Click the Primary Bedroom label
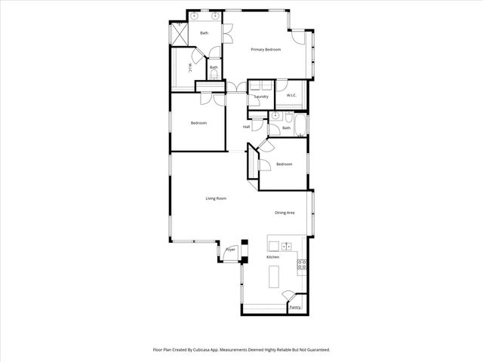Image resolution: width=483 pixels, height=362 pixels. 266,50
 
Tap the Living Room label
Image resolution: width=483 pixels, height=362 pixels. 216,198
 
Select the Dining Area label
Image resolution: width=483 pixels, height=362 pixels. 285,213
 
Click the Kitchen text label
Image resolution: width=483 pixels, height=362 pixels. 272,257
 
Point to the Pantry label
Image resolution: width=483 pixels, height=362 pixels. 295,307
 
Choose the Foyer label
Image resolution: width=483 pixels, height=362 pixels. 231,250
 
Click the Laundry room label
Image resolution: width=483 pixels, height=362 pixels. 262,97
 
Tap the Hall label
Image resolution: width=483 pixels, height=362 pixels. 247,127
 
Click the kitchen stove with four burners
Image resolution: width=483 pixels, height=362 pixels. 301,265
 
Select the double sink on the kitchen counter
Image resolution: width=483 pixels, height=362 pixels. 287,246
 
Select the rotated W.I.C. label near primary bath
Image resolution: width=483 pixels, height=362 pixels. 189,67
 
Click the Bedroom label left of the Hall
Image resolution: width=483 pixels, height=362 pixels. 198,123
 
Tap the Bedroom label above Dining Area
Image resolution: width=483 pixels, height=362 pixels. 284,164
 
